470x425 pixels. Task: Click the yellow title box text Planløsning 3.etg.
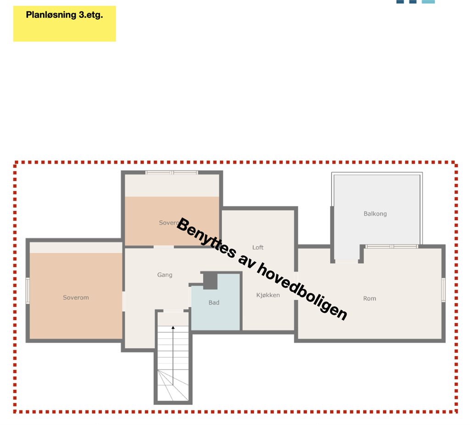tap(64, 15)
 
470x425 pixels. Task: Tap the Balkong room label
tap(375, 214)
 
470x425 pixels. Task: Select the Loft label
tap(258, 247)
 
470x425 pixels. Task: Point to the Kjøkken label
tap(268, 295)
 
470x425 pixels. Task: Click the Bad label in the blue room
tap(214, 302)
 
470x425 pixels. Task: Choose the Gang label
tap(165, 275)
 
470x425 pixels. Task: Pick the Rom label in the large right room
tap(369, 298)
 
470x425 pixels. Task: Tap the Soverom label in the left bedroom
tap(76, 297)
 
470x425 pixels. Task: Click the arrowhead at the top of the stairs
tap(173, 328)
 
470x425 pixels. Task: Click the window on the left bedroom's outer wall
tap(28, 290)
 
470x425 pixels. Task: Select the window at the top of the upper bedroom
tap(172, 173)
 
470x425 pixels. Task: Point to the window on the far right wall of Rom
tap(443, 289)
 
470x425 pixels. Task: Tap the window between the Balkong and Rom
tap(392, 246)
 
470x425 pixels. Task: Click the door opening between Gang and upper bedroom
tap(164, 247)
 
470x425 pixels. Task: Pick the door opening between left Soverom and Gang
tap(123, 301)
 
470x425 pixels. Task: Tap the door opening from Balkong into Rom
tap(347, 261)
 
